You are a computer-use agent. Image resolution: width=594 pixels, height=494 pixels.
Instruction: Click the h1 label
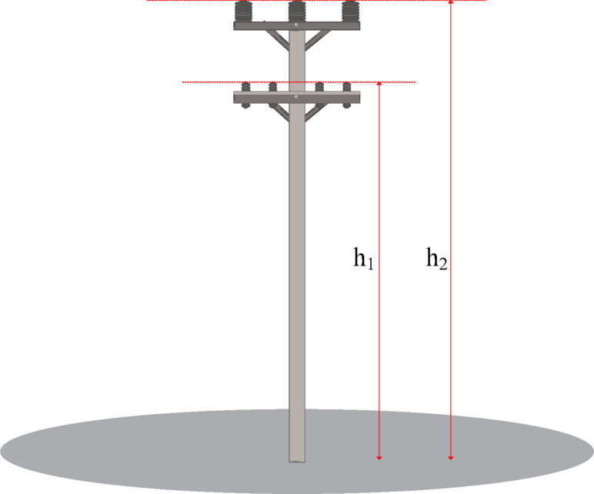coord(363,260)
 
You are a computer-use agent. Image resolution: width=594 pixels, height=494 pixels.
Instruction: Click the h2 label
coord(437,259)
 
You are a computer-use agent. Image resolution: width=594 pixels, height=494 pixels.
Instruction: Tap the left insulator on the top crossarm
coord(245,12)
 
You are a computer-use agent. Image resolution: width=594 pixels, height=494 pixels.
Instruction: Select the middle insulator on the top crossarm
coord(297,11)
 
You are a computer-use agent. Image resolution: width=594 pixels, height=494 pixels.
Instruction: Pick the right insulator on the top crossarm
coord(349,12)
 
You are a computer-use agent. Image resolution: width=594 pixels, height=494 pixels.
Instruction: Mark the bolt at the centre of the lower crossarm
coord(297,97)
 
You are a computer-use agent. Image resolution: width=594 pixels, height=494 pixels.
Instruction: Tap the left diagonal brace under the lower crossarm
coord(279,112)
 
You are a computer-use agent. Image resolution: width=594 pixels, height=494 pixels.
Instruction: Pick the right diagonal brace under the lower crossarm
coord(315,112)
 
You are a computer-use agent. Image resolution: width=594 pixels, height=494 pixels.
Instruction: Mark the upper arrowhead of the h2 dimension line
coord(451,4)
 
